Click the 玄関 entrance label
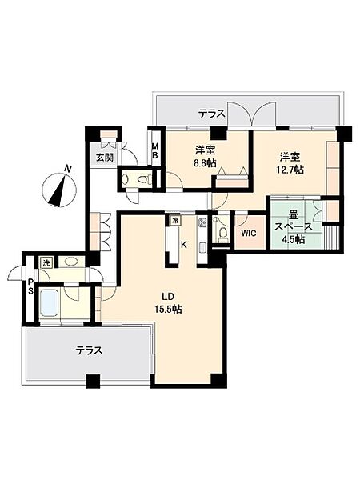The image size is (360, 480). (105, 158)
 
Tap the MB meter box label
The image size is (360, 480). (155, 150)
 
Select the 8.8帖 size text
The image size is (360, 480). (206, 163)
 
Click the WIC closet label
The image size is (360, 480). (249, 234)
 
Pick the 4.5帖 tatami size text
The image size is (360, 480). (293, 239)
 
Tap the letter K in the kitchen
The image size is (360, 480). (184, 245)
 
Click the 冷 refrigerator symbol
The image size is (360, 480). (175, 220)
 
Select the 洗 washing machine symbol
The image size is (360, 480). (46, 263)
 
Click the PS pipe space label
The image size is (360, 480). (31, 286)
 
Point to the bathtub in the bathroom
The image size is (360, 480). (49, 303)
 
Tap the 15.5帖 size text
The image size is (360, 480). (168, 309)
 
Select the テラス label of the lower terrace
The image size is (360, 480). (89, 350)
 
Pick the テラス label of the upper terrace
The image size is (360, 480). (211, 114)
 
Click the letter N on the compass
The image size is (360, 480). (68, 168)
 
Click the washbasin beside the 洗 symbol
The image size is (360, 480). (71, 262)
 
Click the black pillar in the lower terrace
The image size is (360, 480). (93, 381)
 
